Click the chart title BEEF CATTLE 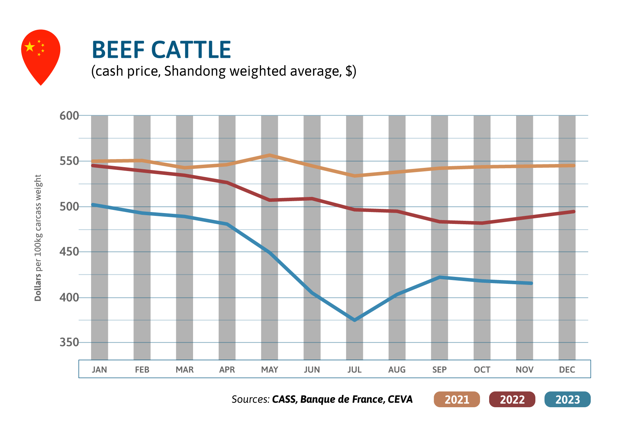coord(161,50)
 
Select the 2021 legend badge coord(457,400)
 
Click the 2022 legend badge coord(512,400)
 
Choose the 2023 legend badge coord(567,400)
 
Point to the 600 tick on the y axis coord(69,116)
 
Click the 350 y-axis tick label coord(69,342)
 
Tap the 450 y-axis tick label coord(69,252)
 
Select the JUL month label coord(354,370)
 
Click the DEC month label coord(567,370)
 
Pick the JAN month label coord(100,370)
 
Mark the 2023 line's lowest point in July coord(355,320)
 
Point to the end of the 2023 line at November coord(531,283)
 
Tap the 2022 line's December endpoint coord(573,212)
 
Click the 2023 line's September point coord(439,277)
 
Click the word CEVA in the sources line coord(400,400)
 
